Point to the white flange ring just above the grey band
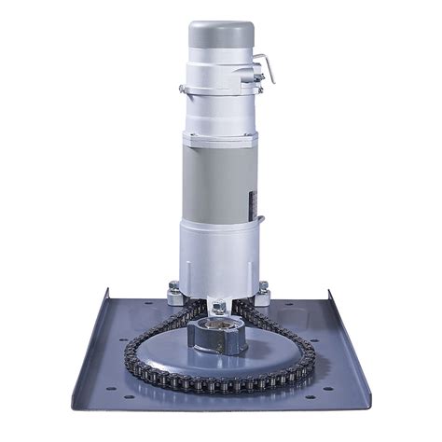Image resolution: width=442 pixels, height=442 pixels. coord(221,134)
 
